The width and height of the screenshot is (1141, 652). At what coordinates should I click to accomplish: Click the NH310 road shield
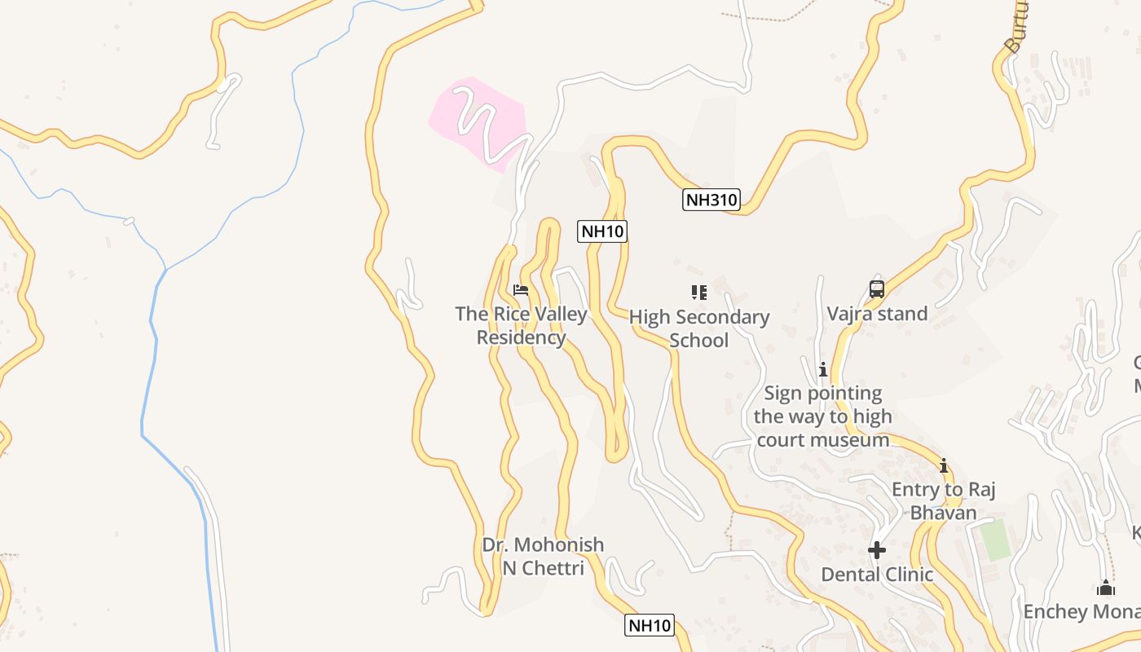(x=711, y=200)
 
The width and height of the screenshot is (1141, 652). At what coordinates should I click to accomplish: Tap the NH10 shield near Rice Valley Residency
(x=602, y=231)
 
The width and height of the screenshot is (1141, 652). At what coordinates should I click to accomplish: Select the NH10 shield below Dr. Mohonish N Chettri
(x=650, y=626)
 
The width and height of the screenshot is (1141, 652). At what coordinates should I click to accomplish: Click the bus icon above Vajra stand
(x=877, y=289)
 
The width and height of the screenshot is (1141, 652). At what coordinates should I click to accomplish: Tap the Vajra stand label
(x=877, y=314)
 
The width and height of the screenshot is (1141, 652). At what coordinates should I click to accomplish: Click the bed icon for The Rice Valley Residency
(x=521, y=290)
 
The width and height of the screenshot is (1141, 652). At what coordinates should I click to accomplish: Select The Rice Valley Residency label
(x=521, y=325)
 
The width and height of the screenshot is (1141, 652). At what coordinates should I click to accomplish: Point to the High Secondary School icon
(x=698, y=293)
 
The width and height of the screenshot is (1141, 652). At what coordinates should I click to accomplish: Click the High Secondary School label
(x=699, y=328)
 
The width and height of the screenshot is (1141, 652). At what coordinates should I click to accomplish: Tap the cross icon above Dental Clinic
(x=877, y=550)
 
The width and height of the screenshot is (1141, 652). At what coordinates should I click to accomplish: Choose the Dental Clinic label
(x=877, y=575)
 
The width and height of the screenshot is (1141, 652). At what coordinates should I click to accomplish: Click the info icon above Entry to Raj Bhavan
(x=944, y=466)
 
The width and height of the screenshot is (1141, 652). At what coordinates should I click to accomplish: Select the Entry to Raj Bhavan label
(x=944, y=501)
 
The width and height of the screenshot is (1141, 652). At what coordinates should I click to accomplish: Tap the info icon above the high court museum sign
(x=823, y=369)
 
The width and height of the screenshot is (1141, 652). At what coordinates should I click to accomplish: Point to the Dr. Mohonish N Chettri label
(x=543, y=556)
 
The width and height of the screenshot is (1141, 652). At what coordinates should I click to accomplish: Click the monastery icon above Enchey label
(x=1106, y=588)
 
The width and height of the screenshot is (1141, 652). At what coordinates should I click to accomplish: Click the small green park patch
(x=994, y=540)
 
